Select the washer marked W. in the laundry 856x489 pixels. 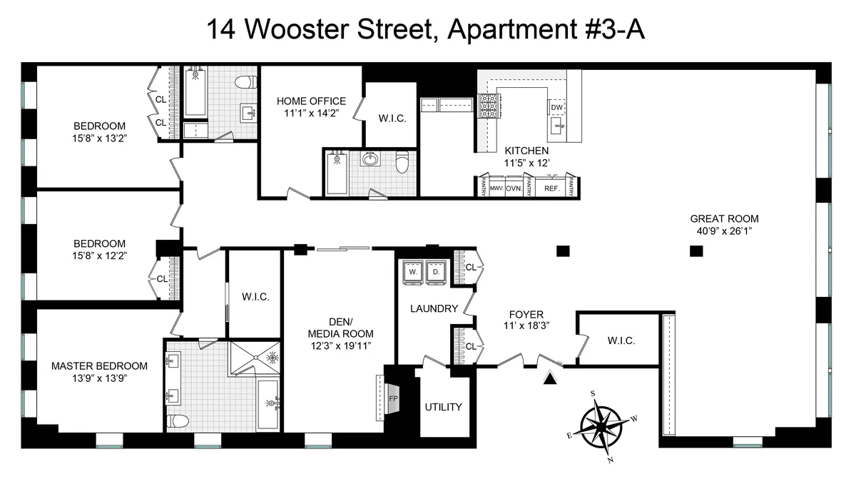coord(413,272)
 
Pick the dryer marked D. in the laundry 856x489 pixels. coord(434,272)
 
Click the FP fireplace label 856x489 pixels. coord(392,398)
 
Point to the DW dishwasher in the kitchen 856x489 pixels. coord(557,107)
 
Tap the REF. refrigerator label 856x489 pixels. coord(551,188)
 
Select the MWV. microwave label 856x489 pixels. coord(496,188)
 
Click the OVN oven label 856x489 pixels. coord(514,188)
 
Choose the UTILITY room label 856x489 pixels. coord(443,407)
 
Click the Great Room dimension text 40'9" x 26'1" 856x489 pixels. coord(724,231)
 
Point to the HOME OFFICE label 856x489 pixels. coord(311,101)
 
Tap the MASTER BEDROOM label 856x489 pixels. coord(99,366)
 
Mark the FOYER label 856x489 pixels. coord(526,314)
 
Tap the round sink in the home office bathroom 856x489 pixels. coord(371,159)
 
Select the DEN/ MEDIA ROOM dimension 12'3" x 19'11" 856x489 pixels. coord(340,346)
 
